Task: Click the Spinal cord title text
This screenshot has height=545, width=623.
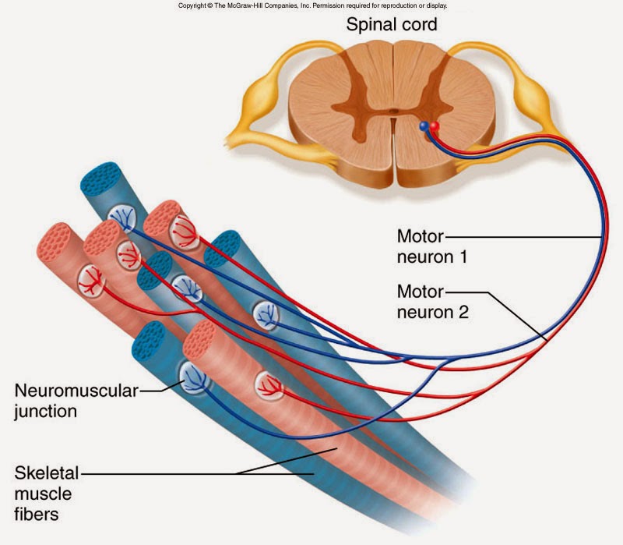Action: [x=391, y=24]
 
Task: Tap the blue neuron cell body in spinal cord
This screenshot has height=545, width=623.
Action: [x=424, y=125]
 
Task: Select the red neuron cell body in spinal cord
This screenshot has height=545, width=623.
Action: [x=435, y=126]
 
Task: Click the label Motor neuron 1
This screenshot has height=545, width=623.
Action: [x=431, y=245]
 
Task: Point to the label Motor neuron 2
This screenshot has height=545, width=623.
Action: [x=431, y=303]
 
